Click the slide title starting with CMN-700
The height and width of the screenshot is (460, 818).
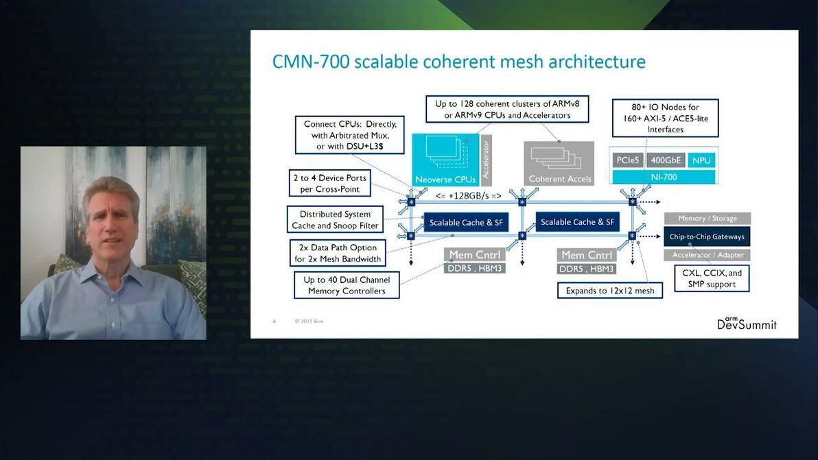458,62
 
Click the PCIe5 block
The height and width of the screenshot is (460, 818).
627,160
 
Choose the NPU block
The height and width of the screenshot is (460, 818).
701,160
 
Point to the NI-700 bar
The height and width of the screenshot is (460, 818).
664,177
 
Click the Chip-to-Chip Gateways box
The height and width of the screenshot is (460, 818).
707,237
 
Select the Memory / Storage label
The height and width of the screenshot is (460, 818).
707,218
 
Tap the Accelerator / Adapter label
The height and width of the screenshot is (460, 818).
707,255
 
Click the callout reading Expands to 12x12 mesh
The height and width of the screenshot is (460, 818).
610,291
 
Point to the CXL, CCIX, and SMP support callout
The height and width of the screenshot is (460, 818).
712,278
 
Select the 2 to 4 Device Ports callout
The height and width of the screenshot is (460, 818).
329,184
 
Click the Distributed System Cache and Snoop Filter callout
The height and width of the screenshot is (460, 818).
335,220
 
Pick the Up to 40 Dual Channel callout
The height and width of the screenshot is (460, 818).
347,285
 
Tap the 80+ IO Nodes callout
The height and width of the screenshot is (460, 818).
665,118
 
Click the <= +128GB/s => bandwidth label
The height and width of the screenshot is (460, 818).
469,196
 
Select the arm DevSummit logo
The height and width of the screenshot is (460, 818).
747,323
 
